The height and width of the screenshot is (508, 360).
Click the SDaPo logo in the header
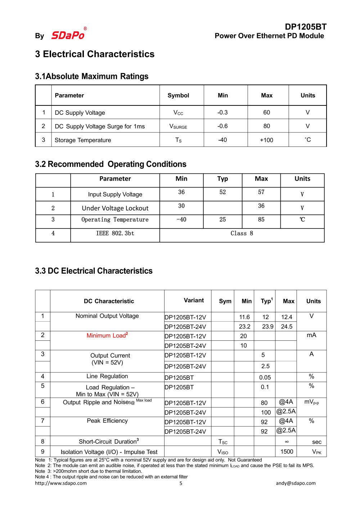[68, 35]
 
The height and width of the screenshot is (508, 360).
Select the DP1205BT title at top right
[305, 27]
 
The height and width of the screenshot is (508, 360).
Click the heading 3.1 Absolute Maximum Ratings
[92, 76]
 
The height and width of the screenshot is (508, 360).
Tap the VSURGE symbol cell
[178, 126]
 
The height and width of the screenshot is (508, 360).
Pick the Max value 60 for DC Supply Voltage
[266, 113]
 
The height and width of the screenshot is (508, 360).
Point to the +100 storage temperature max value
[266, 140]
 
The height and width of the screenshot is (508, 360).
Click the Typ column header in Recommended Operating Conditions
[222, 179]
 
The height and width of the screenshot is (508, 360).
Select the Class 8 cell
[242, 233]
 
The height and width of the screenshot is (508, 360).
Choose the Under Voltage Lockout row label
[115, 208]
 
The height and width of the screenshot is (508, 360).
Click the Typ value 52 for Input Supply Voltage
[222, 192]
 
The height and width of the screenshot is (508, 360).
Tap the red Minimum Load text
[107, 335]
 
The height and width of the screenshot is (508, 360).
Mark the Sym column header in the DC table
[225, 301]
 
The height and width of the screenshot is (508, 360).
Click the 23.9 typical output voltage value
[267, 327]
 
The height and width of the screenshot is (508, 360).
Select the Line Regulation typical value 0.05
[265, 377]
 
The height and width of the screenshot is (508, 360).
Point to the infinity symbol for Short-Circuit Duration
[287, 441]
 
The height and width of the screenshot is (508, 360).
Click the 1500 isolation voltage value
[287, 452]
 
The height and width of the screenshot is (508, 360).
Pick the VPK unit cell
[316, 452]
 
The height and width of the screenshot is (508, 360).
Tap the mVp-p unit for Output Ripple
[311, 402]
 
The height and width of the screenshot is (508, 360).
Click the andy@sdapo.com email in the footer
[296, 483]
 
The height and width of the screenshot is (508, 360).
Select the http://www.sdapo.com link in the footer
[61, 483]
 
